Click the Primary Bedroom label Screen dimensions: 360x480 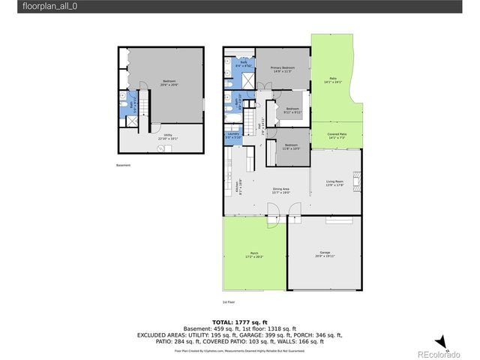pyautogui.click(x=283, y=69)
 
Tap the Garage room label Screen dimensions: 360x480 pyautogui.click(x=324, y=253)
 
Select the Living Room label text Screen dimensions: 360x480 pyautogui.click(x=334, y=183)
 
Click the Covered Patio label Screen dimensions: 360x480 pyautogui.click(x=337, y=136)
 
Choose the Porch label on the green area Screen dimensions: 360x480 pyautogui.click(x=254, y=255)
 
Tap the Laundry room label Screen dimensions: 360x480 pyautogui.click(x=232, y=136)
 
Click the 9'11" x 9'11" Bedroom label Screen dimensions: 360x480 pyautogui.click(x=292, y=110)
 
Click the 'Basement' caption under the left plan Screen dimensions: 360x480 pyautogui.click(x=123, y=165)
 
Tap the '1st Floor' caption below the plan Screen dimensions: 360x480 pyautogui.click(x=229, y=301)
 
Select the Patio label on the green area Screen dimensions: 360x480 pyautogui.click(x=332, y=79)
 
